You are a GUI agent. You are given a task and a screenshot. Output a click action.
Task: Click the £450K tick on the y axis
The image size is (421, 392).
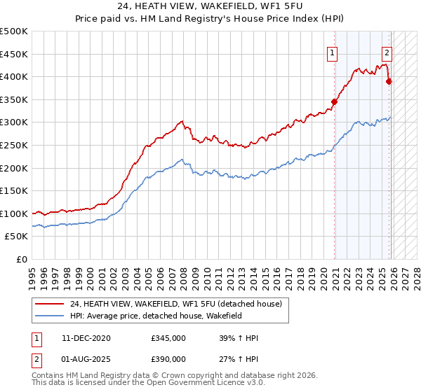click(14, 54)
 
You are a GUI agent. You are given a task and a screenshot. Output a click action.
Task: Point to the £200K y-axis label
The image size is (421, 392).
click(14, 168)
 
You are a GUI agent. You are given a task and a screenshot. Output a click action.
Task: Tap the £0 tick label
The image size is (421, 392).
click(22, 260)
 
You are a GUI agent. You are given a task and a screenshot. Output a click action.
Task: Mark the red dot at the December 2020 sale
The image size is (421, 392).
click(335, 101)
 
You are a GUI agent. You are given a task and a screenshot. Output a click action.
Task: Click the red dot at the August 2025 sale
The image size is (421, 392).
click(389, 81)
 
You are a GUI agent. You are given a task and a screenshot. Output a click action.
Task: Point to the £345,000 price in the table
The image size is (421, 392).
click(168, 339)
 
